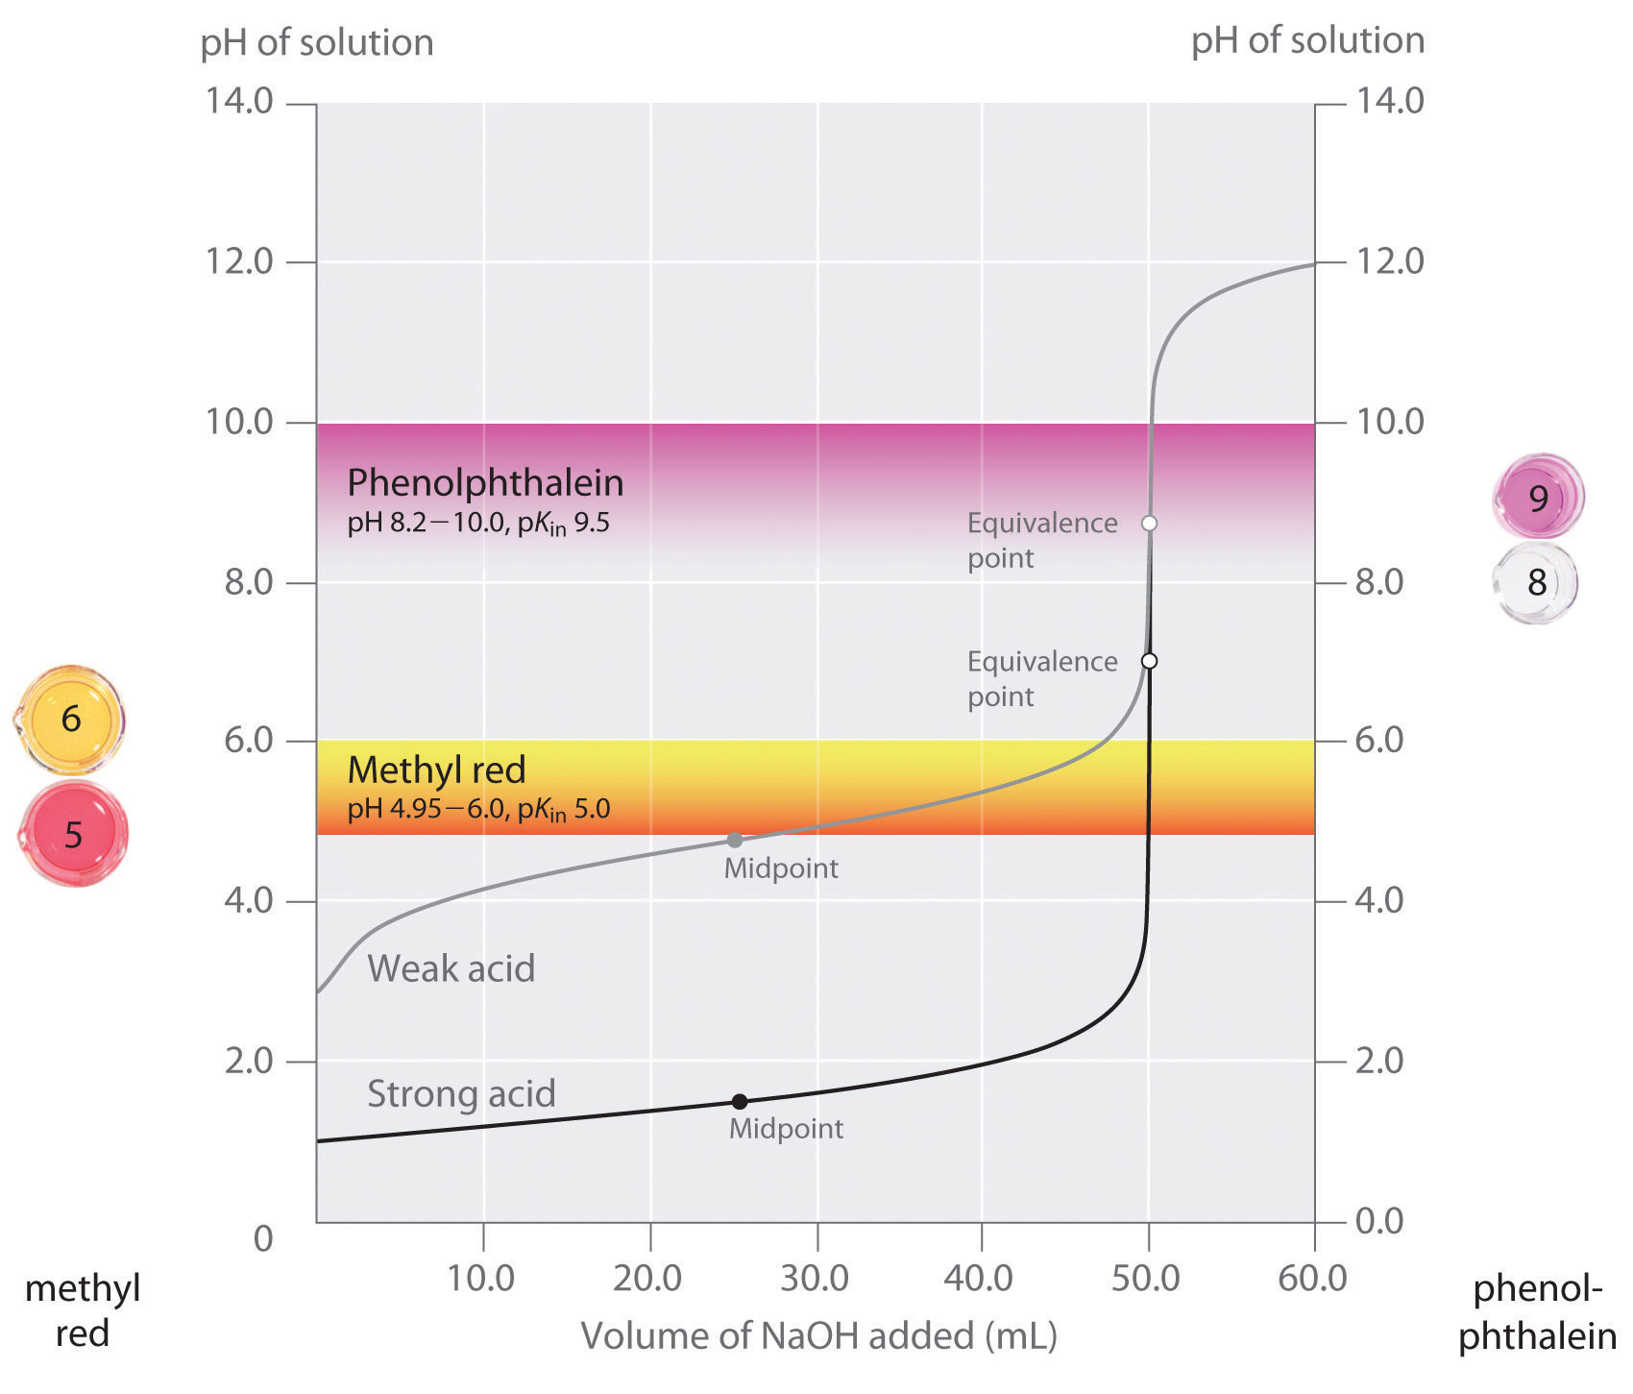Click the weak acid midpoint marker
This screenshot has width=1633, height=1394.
point(735,841)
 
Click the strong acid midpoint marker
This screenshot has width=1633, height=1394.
point(740,1102)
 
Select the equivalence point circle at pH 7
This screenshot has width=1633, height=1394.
point(1149,661)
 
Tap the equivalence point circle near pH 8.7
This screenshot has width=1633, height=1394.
point(1149,524)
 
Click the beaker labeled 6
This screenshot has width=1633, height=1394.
point(72,720)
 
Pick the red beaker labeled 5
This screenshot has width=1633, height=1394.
point(74,834)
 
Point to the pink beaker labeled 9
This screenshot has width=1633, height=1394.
point(1538,497)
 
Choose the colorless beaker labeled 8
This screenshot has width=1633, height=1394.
point(1536,582)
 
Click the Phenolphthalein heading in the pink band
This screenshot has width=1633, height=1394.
point(485,482)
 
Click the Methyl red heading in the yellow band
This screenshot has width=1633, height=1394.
point(436,770)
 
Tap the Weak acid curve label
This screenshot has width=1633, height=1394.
point(451,968)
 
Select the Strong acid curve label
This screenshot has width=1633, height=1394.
point(461,1094)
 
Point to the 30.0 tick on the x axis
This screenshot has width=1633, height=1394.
point(816,1279)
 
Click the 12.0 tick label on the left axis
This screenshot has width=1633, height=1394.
point(239,261)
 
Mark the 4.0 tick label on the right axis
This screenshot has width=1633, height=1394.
point(1389,901)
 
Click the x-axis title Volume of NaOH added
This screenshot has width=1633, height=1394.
point(818,1336)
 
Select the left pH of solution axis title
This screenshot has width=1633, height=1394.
point(317,42)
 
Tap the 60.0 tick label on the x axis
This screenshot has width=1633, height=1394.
point(1313,1279)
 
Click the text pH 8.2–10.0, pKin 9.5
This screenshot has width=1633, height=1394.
point(478,525)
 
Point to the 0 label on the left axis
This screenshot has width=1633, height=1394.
point(263,1239)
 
